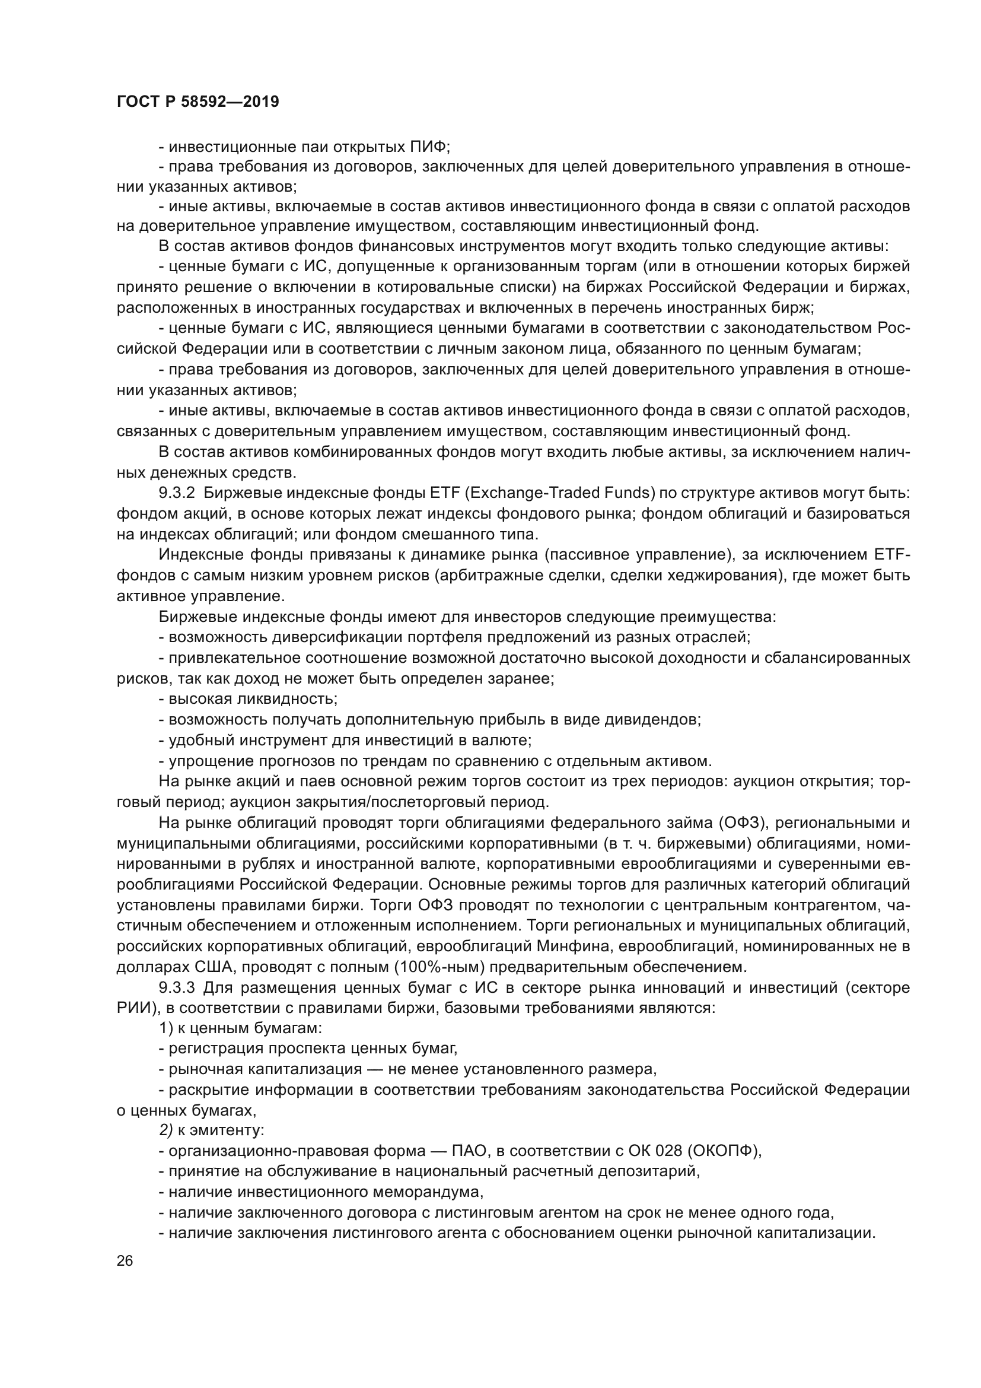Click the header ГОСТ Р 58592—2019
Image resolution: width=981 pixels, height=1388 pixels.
198,101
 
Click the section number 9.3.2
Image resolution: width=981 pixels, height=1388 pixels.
176,493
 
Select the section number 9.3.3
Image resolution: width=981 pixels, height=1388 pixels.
176,988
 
